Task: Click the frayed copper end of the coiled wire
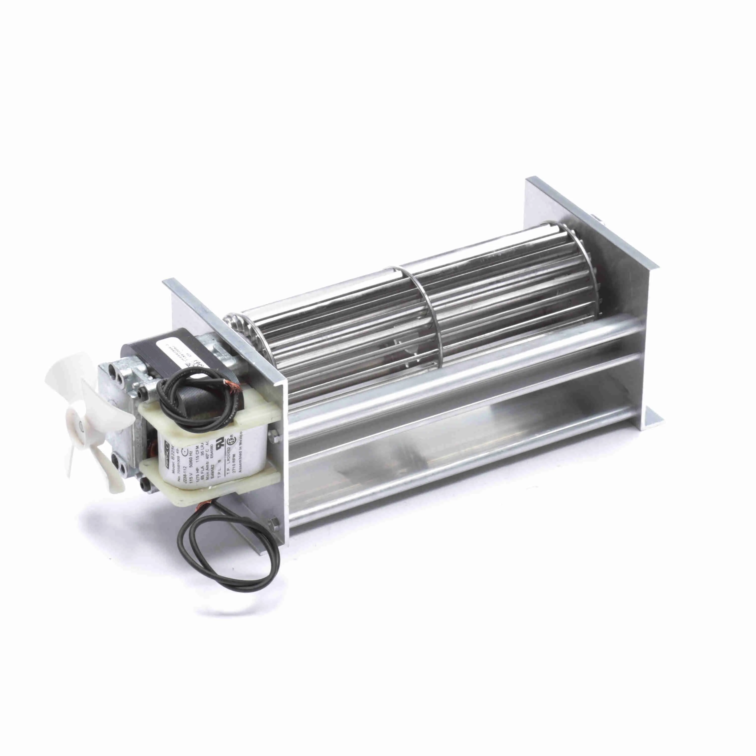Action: pos(227,382)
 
